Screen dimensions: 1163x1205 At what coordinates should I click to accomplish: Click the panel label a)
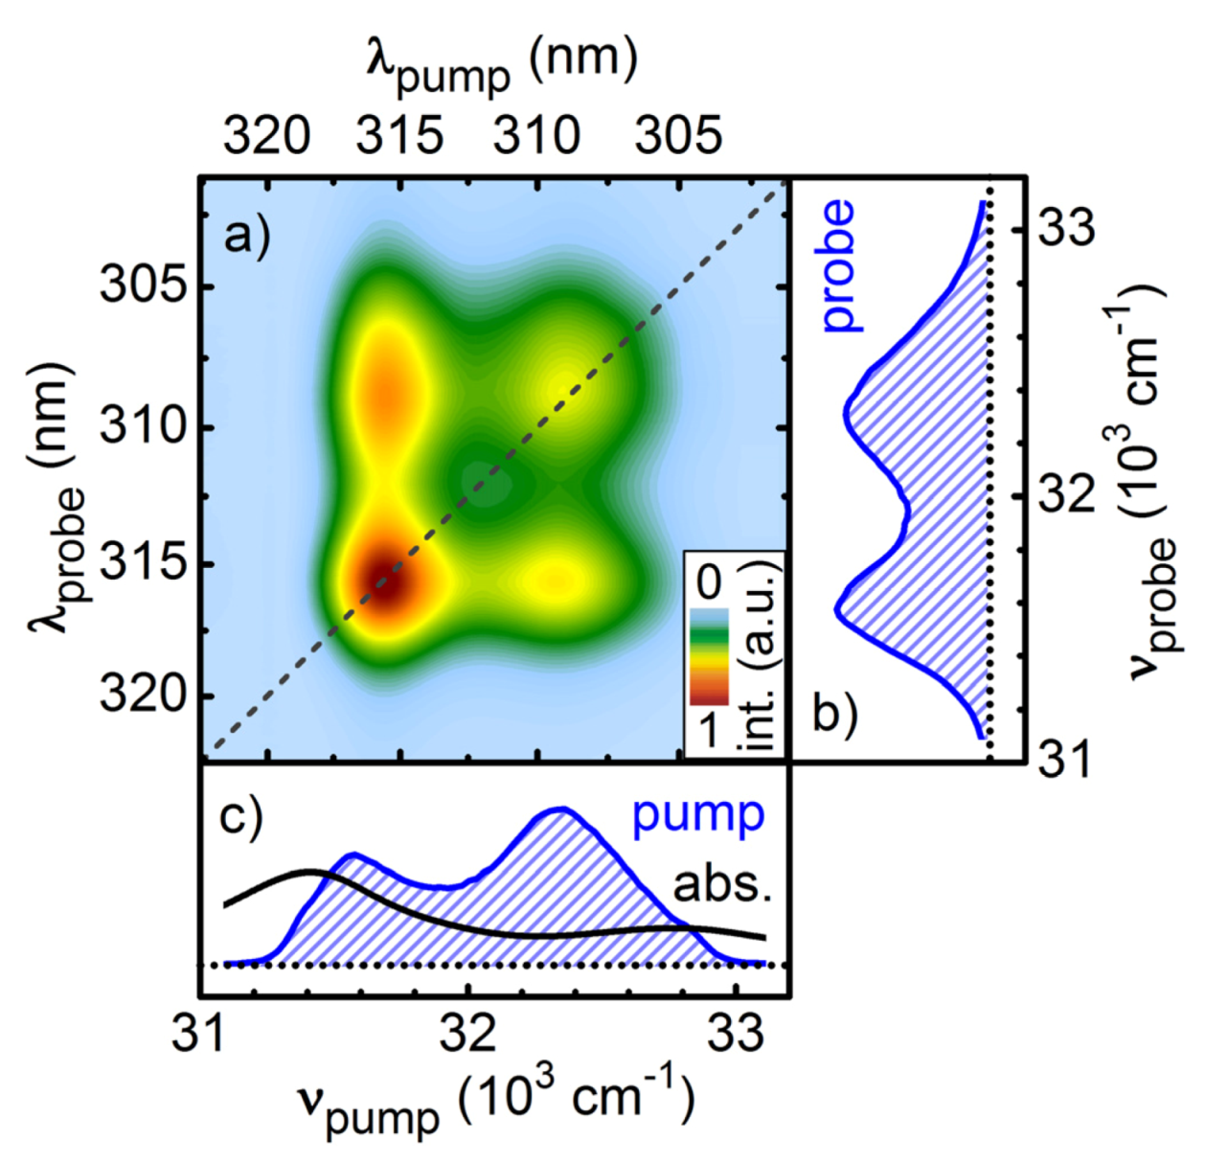(246, 235)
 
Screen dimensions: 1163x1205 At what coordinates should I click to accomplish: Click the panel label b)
(834, 713)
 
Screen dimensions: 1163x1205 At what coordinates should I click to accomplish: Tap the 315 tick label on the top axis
(399, 136)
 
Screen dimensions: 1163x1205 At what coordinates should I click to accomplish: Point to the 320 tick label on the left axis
(144, 695)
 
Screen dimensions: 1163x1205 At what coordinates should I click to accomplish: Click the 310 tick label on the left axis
(144, 424)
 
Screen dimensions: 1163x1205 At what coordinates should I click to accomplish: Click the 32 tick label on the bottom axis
(469, 1033)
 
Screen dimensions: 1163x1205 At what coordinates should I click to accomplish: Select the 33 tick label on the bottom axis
(738, 1033)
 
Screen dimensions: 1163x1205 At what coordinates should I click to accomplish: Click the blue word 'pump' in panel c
(697, 816)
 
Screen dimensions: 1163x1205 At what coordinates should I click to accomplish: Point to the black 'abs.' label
(722, 885)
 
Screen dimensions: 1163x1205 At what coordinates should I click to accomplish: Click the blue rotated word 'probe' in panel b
(837, 266)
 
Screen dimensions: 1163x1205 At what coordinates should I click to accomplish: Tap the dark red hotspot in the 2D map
(384, 582)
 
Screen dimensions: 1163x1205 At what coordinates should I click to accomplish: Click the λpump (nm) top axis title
(502, 63)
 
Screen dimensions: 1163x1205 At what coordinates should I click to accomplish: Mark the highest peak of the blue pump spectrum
(558, 810)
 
